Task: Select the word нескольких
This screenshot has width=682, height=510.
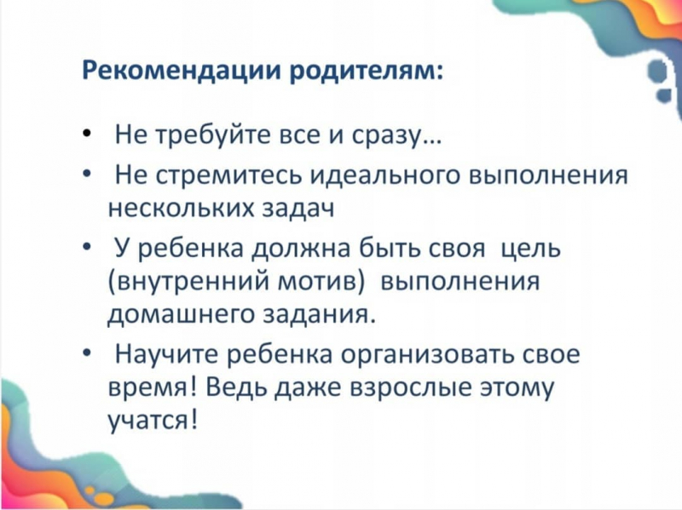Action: (x=181, y=208)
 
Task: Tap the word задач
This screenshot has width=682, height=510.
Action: (x=298, y=209)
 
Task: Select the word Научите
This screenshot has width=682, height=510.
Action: (x=167, y=354)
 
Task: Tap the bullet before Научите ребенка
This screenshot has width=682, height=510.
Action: (x=87, y=352)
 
